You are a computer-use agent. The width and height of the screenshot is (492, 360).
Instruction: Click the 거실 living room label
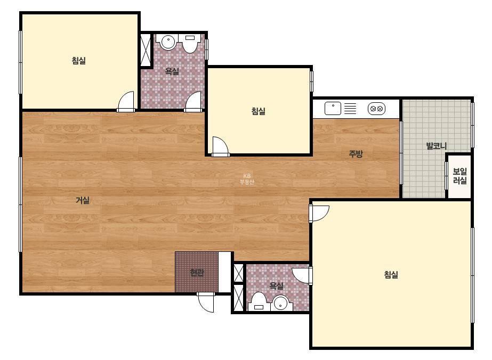point(83,200)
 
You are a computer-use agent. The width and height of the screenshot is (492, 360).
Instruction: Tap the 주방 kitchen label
point(356,154)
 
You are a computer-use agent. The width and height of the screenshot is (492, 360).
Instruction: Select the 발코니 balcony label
point(436,145)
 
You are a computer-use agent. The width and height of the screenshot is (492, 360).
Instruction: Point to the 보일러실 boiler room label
point(459,176)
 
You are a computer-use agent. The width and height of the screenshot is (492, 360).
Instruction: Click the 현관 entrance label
point(197,273)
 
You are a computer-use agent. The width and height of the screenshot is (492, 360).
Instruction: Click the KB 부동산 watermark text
point(247,179)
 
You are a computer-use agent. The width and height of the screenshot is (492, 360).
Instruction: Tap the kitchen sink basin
point(333,109)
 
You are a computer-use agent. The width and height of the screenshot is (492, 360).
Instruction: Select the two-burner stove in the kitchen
point(376,109)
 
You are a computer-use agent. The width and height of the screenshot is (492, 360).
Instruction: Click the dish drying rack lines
point(351,109)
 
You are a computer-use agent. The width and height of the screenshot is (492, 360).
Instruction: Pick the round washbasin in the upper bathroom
point(168,42)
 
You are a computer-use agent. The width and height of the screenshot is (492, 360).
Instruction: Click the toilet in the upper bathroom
point(190,43)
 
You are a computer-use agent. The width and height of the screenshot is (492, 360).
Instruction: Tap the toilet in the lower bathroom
point(259,302)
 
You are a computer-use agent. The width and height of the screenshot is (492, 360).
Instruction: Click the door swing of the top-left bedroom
point(126,101)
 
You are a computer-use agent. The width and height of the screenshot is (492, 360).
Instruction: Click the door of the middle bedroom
point(220,146)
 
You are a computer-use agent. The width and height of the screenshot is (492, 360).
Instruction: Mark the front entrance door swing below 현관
point(206,302)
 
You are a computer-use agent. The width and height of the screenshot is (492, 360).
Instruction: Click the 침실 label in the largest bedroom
point(391,275)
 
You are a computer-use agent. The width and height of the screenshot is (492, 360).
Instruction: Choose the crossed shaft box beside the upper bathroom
point(146,50)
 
